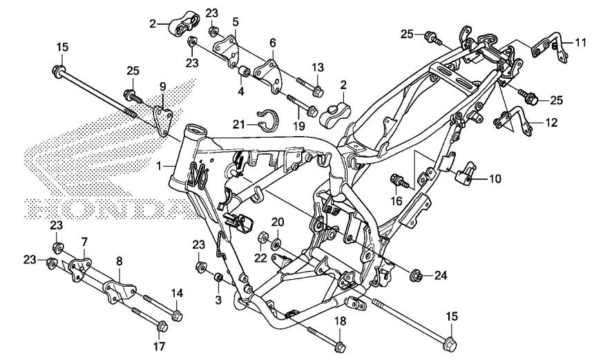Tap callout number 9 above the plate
(163, 86)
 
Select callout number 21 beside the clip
(238, 123)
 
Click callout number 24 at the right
(441, 276)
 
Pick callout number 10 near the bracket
(495, 179)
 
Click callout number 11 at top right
(580, 42)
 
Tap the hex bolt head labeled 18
(339, 343)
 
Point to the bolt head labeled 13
(317, 91)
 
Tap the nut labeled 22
(262, 239)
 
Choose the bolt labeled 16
(399, 182)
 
